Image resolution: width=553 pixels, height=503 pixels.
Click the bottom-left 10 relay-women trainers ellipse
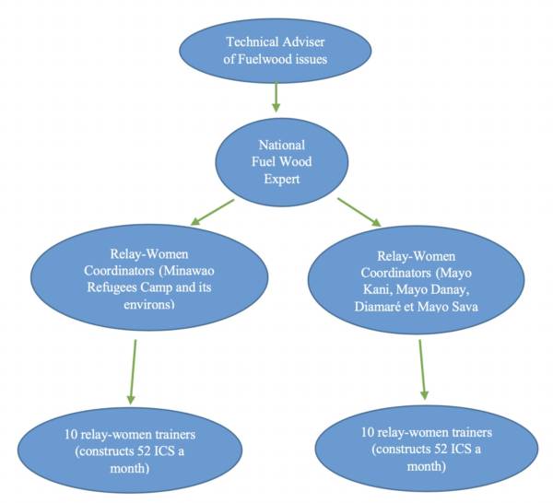(130, 451)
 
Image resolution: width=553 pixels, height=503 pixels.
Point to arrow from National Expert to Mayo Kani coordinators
(359, 211)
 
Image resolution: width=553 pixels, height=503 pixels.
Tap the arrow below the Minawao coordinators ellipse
(133, 371)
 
